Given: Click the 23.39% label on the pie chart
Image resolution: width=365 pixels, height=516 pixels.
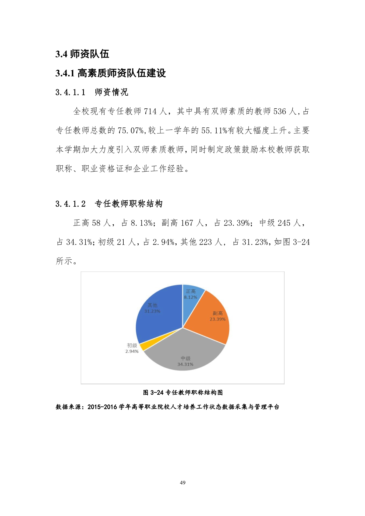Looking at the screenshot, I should [218, 319].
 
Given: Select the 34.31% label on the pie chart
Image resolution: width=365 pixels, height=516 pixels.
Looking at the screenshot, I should [185, 364].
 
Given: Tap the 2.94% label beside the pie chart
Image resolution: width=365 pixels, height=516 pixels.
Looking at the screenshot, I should [132, 351].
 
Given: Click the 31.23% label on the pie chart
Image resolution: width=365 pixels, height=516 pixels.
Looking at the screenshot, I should [152, 311].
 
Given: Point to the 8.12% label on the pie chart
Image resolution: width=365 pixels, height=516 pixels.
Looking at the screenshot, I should [190, 297].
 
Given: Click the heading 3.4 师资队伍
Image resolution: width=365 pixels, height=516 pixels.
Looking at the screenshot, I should [82, 54].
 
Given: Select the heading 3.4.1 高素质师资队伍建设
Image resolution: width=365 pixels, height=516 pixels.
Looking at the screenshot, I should [110, 73].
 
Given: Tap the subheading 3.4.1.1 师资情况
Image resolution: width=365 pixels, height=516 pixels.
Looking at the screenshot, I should [92, 92].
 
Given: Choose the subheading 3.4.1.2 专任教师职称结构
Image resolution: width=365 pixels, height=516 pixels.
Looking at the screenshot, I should [109, 204].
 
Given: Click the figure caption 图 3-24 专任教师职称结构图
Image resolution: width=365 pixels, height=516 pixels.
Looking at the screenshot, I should [182, 392].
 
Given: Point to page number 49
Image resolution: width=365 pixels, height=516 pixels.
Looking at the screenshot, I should [182, 482].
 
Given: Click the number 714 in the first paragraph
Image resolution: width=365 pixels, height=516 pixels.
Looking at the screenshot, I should [150, 111].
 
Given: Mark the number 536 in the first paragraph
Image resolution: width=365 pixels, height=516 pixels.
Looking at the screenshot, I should [280, 111].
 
